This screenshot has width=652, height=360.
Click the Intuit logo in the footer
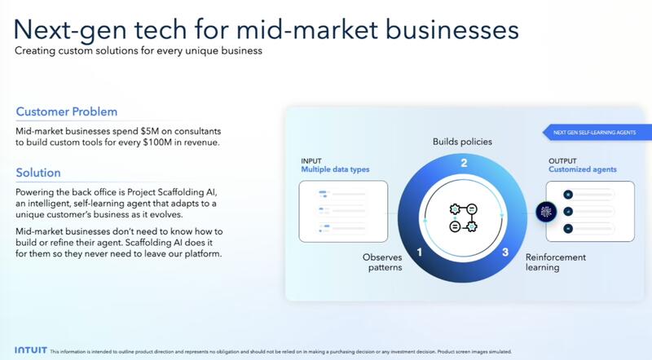[x=29, y=351]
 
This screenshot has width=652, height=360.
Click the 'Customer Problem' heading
[x=67, y=112]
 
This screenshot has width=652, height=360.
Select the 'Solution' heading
[x=38, y=173]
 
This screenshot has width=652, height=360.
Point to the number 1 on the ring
[x=419, y=252]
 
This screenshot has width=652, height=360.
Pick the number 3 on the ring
[x=504, y=252]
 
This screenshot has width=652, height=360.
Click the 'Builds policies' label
[x=461, y=142]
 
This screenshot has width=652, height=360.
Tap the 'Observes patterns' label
[x=381, y=261]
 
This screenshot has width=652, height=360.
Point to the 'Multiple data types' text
[x=334, y=169]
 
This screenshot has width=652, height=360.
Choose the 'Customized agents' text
[x=583, y=169]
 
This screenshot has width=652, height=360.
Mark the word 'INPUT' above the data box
[x=311, y=160]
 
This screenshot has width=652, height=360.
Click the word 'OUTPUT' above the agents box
[x=563, y=160]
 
